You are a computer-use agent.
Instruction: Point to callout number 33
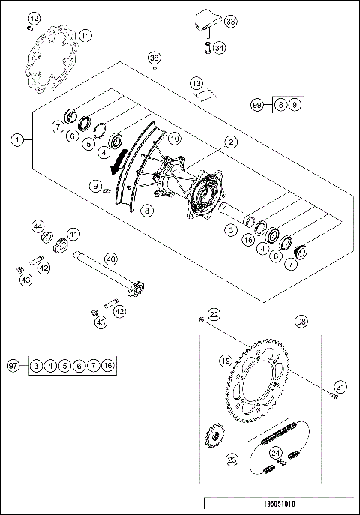(229, 23)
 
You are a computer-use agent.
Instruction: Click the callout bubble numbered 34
(219, 48)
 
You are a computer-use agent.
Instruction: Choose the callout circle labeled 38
(154, 58)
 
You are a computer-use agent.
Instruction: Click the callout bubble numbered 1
(17, 139)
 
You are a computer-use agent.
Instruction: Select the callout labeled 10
(173, 138)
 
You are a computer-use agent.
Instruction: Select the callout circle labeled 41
(74, 234)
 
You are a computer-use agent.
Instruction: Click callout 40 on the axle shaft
(110, 259)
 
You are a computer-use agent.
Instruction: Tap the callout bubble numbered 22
(214, 314)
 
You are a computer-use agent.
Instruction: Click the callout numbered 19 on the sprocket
(224, 361)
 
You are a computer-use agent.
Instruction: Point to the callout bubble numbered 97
(12, 365)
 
